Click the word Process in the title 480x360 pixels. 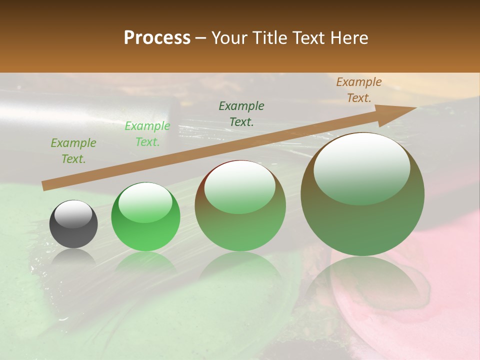157,38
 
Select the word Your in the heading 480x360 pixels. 229,38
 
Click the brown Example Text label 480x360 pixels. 358,90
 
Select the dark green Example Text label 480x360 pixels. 241,113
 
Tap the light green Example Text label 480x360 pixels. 147,134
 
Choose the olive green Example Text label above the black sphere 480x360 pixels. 73,151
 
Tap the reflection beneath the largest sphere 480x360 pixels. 362,285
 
